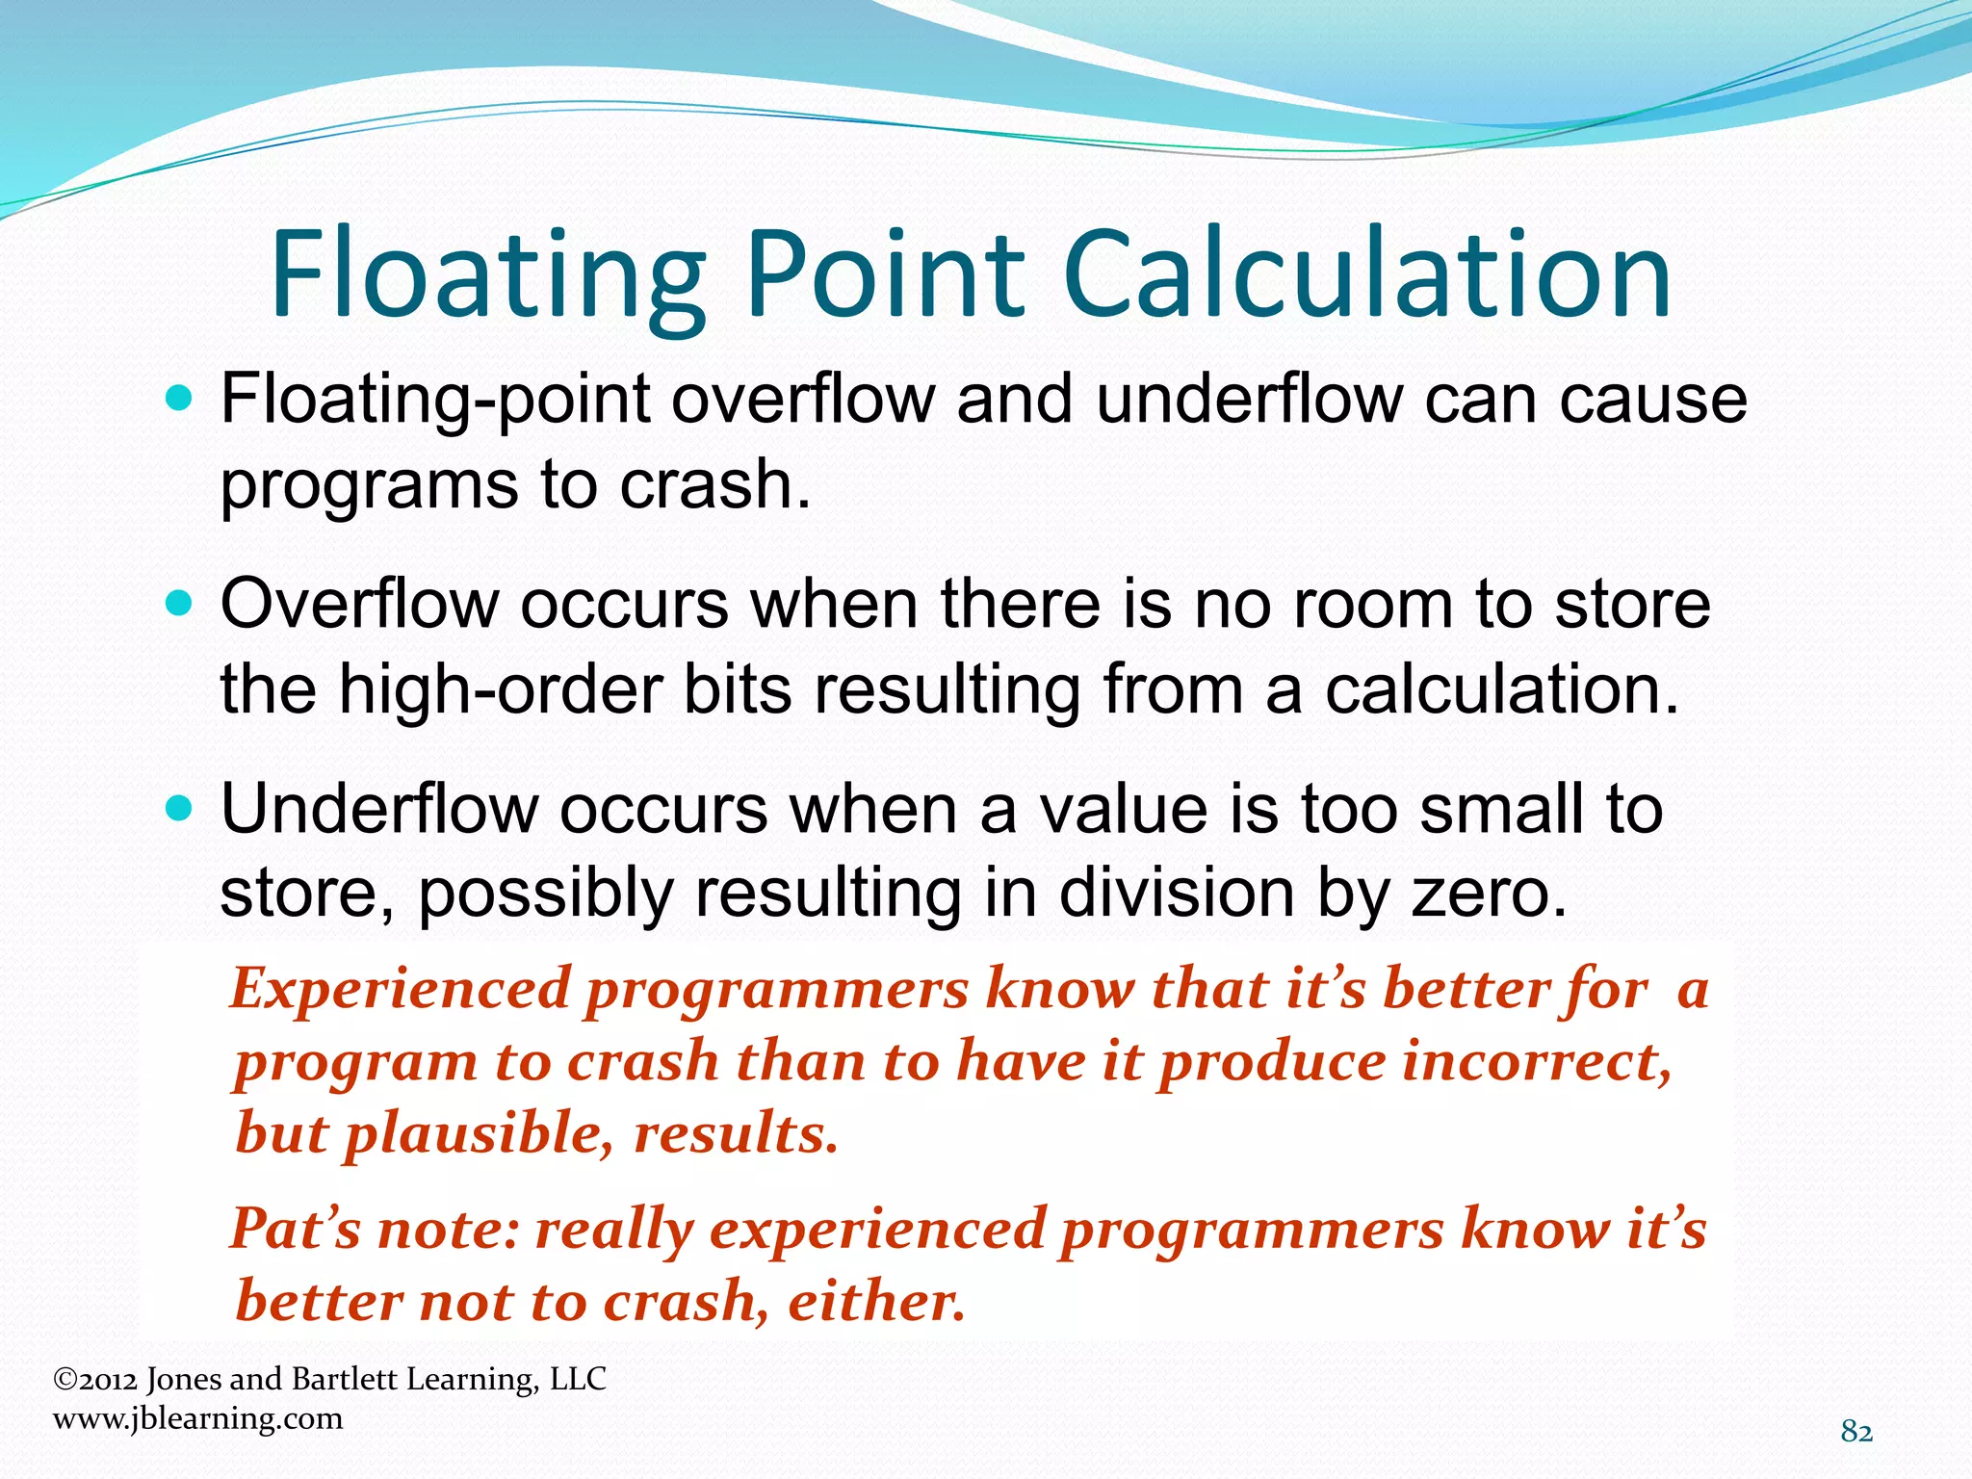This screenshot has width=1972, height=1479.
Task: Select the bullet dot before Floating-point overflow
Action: [179, 398]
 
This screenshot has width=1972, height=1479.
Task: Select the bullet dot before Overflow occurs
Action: [179, 604]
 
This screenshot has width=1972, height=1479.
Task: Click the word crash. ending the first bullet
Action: [714, 484]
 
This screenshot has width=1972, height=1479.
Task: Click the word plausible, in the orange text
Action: [479, 1133]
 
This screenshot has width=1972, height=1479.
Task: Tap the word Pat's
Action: [294, 1230]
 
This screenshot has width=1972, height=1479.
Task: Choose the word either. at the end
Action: [876, 1302]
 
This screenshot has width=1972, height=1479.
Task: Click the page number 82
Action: [1856, 1432]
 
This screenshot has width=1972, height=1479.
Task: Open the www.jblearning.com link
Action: [197, 1418]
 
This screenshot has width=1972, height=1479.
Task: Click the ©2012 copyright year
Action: [94, 1380]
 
